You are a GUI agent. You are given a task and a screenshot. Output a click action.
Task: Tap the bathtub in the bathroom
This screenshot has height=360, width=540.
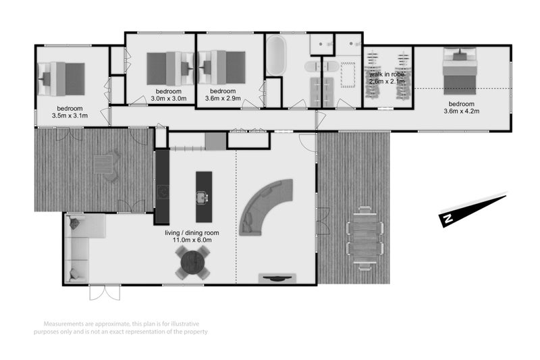pyautogui.click(x=275, y=56)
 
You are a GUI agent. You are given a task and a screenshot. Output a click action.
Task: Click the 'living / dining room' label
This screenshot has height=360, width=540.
pyautogui.click(x=201, y=232)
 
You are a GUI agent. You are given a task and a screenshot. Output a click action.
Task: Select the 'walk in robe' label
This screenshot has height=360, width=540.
pyautogui.click(x=386, y=74)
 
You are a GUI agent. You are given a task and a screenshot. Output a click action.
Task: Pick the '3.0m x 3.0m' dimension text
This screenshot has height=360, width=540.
pyautogui.click(x=167, y=99)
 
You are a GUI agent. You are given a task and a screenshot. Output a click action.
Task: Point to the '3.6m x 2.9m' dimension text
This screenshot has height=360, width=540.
pyautogui.click(x=222, y=99)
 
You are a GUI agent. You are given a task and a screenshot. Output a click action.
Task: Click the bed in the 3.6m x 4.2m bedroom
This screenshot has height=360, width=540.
pyautogui.click(x=460, y=72)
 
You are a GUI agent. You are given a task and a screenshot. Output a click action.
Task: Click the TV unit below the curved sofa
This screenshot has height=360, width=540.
pyautogui.click(x=277, y=277)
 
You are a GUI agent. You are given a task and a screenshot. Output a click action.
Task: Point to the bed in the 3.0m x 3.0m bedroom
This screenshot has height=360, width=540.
pyautogui.click(x=169, y=68)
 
